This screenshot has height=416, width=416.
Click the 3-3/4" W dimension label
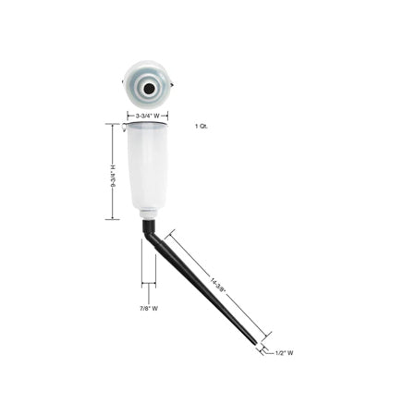(x=148, y=116)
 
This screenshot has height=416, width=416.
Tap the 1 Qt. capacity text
(x=202, y=127)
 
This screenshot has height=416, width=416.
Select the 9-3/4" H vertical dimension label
(x=113, y=176)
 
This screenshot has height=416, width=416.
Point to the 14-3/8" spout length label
(x=218, y=286)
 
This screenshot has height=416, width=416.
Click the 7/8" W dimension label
(x=149, y=308)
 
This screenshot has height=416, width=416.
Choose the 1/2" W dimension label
(x=284, y=353)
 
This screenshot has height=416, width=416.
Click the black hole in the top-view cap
(x=149, y=89)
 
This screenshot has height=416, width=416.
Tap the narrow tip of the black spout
(x=254, y=342)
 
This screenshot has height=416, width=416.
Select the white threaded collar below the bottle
(x=149, y=214)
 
